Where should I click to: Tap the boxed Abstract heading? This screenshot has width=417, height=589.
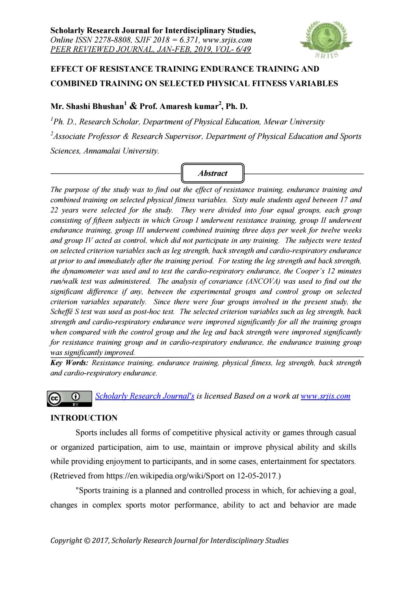point(213,173)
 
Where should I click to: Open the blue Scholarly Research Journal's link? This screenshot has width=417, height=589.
point(145,396)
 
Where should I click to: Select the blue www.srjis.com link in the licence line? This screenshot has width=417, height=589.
point(325,396)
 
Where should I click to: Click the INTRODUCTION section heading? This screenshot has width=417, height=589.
point(84,418)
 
